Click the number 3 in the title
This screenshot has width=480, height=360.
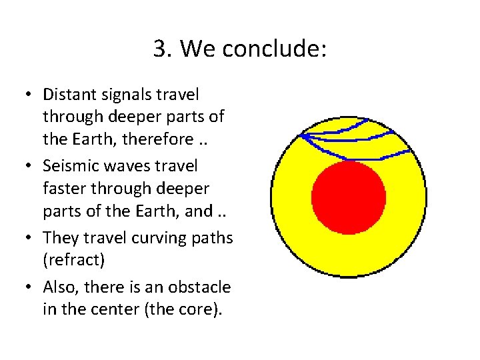[161, 49]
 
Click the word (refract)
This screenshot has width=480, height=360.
[74, 260]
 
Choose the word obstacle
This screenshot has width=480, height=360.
[199, 287]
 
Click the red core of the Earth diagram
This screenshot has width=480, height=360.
[348, 198]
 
